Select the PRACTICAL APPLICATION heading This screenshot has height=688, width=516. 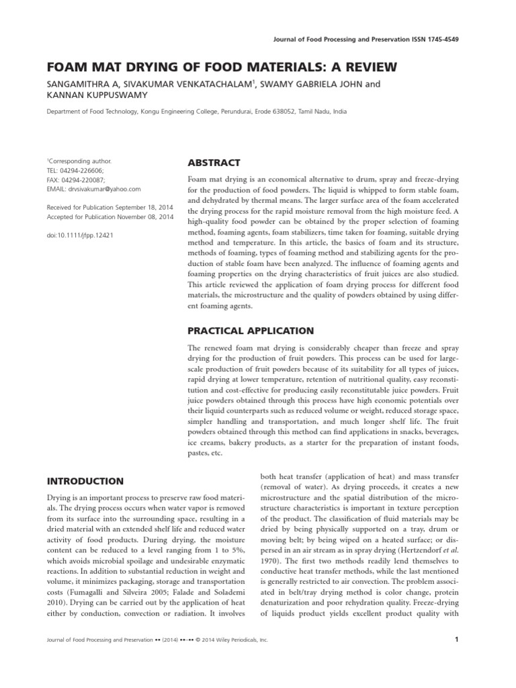click(x=249, y=331)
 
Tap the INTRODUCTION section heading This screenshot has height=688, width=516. click(x=85, y=481)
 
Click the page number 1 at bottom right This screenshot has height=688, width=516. click(x=456, y=640)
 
